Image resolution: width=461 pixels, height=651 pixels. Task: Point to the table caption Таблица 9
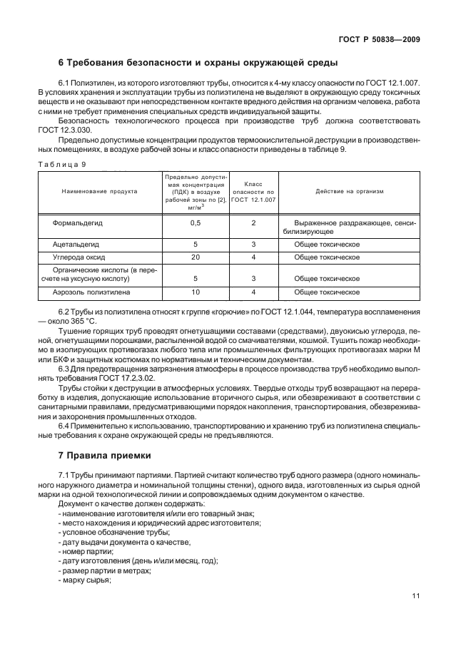click(x=61, y=164)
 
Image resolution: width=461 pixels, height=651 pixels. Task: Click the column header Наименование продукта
click(x=100, y=191)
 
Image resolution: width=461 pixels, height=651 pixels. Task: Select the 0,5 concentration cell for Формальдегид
click(x=195, y=222)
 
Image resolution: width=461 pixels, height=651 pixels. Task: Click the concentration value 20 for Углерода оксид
click(x=195, y=256)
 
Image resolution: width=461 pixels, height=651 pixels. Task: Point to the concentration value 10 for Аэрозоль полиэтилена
click(x=195, y=292)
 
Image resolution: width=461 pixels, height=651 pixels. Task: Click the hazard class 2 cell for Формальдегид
click(x=253, y=222)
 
